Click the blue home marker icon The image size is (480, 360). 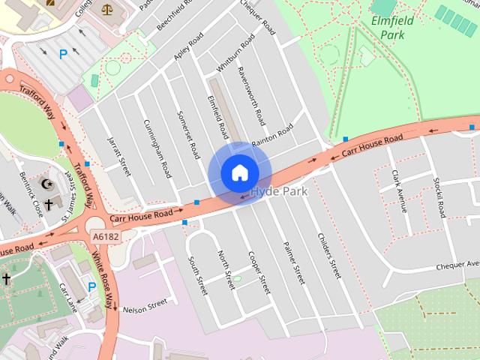(239, 172)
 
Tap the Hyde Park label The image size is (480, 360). (279, 192)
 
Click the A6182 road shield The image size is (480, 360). (106, 236)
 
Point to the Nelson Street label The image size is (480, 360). (144, 307)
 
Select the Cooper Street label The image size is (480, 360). (259, 271)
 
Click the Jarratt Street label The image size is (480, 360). (119, 155)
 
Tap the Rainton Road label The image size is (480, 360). (272, 136)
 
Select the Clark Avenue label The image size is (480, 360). (398, 190)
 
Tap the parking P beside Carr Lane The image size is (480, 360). (92, 286)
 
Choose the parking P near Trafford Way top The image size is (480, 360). (64, 54)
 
